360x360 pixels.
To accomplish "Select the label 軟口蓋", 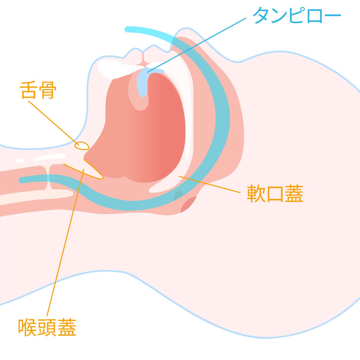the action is [x=275, y=194].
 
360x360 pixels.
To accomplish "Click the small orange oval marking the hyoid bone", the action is [x=82, y=146].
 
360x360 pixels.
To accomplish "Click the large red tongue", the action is [x=144, y=132].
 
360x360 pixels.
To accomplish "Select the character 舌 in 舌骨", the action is [x=29, y=90].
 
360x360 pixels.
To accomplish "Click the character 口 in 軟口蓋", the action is [x=275, y=194].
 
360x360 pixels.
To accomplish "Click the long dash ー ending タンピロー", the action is [x=332, y=16].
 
